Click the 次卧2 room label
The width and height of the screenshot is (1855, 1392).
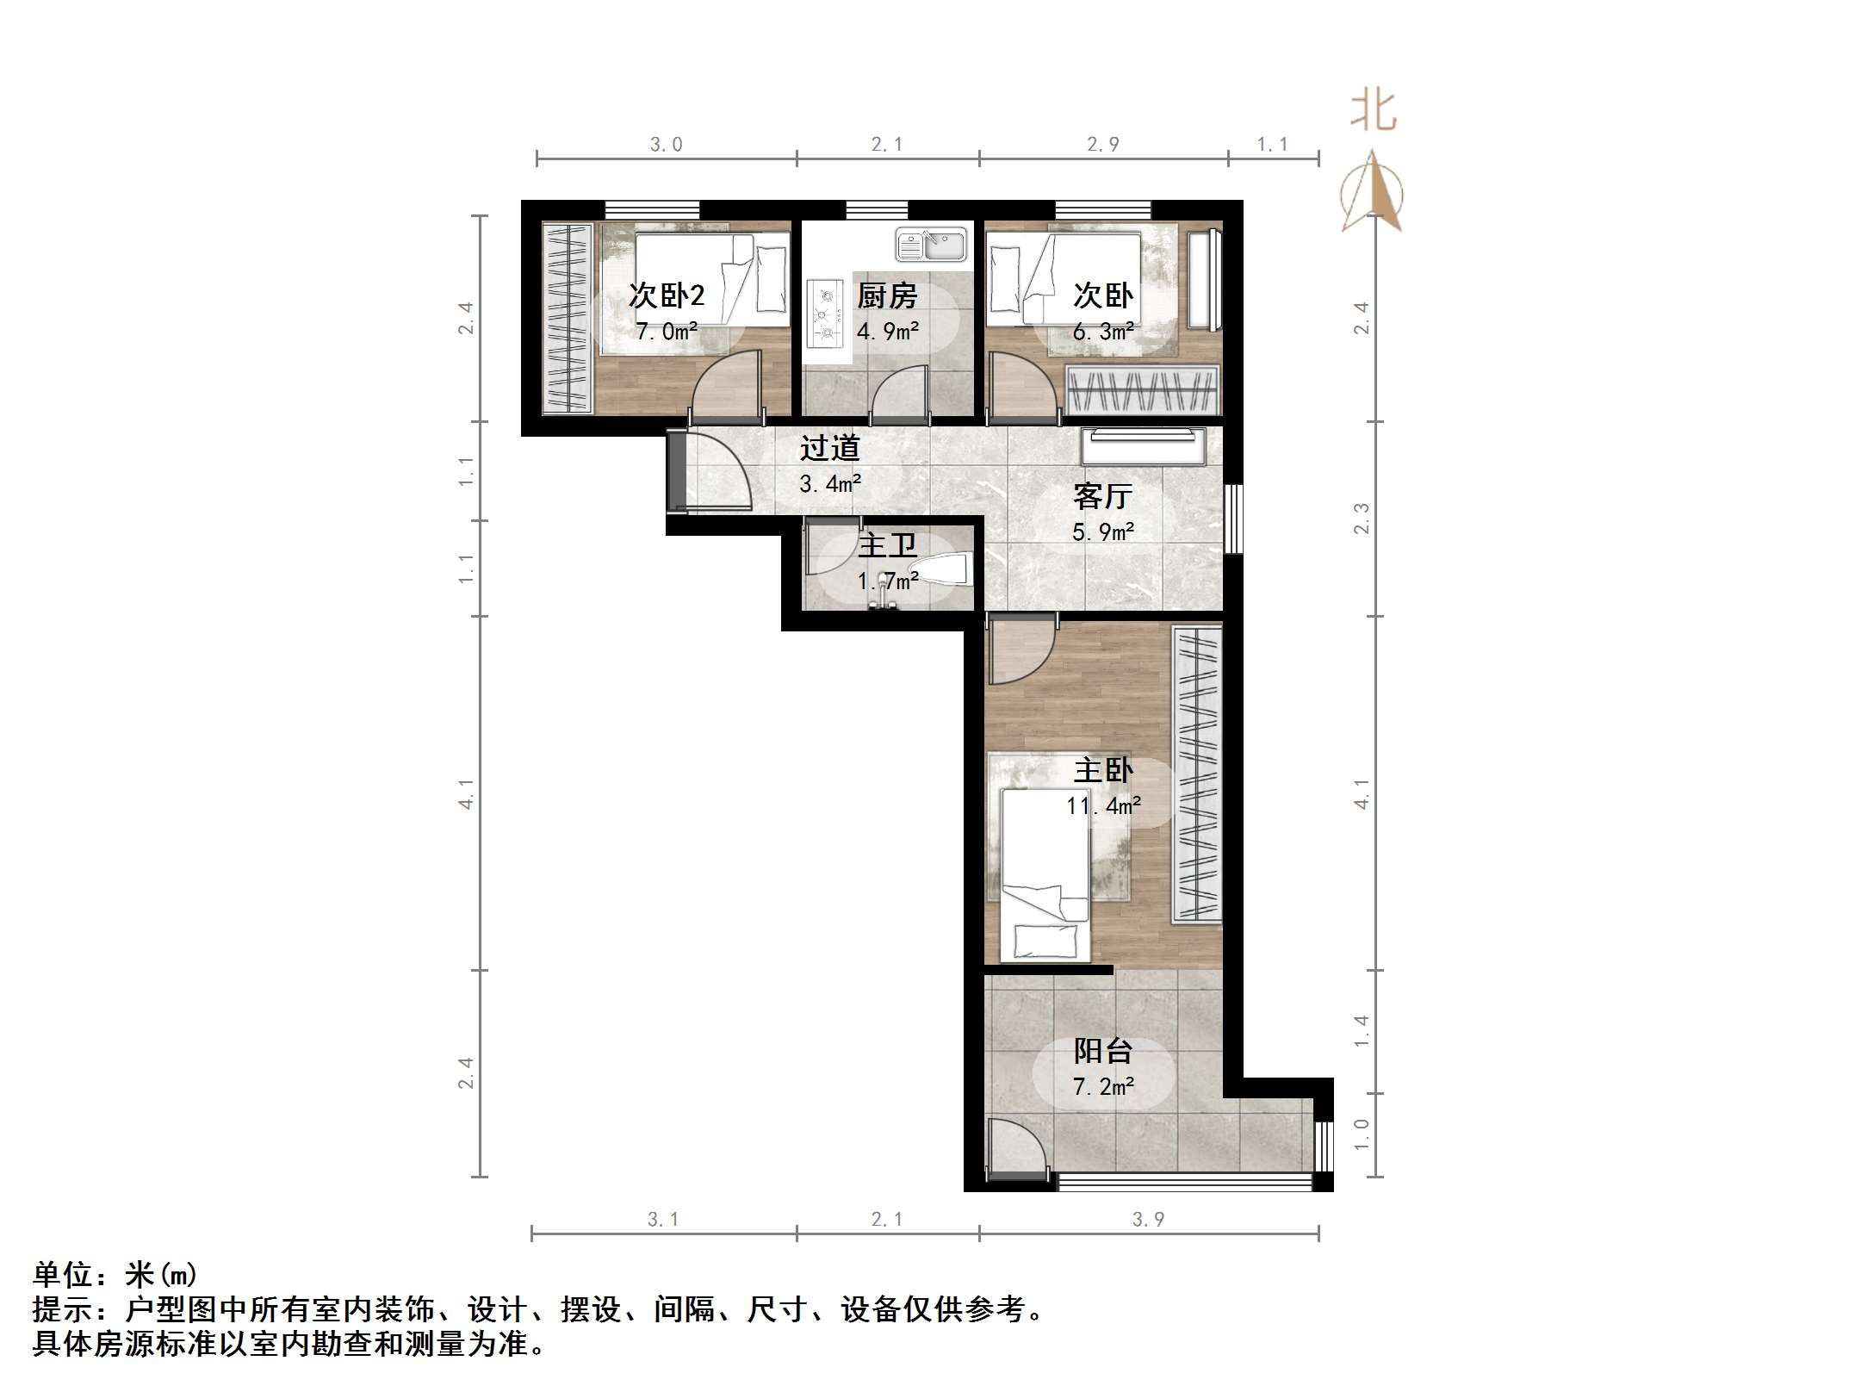pyautogui.click(x=667, y=295)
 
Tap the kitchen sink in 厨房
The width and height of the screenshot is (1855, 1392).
pyautogui.click(x=930, y=244)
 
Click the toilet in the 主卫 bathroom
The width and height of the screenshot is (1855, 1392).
pyautogui.click(x=946, y=570)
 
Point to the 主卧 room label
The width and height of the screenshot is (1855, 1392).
pyautogui.click(x=1103, y=770)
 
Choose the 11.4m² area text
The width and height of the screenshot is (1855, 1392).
pyautogui.click(x=1103, y=806)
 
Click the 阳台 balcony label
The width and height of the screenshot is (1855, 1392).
pyautogui.click(x=1103, y=1051)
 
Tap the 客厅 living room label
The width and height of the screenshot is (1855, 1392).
pyautogui.click(x=1103, y=496)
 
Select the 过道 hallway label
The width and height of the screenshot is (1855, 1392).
pyautogui.click(x=829, y=448)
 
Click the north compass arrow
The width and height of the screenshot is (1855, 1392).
pyautogui.click(x=1372, y=193)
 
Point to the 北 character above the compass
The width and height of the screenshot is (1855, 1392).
pyautogui.click(x=1373, y=112)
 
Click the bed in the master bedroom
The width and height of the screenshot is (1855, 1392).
pyautogui.click(x=1045, y=874)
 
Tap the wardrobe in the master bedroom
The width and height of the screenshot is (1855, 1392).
pyautogui.click(x=1197, y=774)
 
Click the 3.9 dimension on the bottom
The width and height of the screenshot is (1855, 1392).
pyautogui.click(x=1148, y=1219)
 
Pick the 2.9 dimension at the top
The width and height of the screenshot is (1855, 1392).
pyautogui.click(x=1103, y=145)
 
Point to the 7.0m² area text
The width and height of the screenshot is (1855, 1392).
pyautogui.click(x=667, y=332)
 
